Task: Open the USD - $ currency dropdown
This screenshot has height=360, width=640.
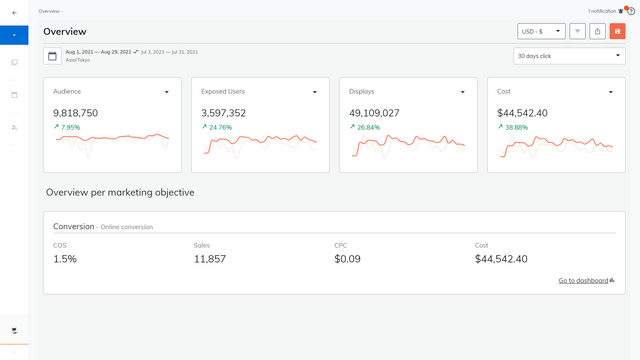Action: pyautogui.click(x=541, y=31)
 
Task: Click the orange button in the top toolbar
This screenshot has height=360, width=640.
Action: pyautogui.click(x=617, y=31)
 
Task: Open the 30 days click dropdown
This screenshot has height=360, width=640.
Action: pyautogui.click(x=569, y=56)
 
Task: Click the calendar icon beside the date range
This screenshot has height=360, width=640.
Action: pyautogui.click(x=52, y=56)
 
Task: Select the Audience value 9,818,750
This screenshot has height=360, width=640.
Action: pyautogui.click(x=75, y=113)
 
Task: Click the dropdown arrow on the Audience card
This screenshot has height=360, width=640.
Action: pyautogui.click(x=166, y=92)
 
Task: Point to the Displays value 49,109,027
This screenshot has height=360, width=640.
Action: pyautogui.click(x=374, y=113)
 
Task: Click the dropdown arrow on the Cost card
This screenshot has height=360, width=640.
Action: pyautogui.click(x=611, y=92)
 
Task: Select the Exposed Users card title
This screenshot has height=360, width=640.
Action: pyautogui.click(x=223, y=91)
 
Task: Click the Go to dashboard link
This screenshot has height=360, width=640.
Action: pyautogui.click(x=585, y=281)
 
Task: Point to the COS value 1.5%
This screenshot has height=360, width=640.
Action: pyautogui.click(x=65, y=259)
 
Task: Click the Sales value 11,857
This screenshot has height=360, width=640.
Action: pyautogui.click(x=210, y=259)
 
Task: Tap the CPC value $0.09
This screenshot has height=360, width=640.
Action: pyautogui.click(x=347, y=259)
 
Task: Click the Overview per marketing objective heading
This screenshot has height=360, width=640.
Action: pyautogui.click(x=120, y=192)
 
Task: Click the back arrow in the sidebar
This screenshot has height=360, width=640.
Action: pyautogui.click(x=14, y=12)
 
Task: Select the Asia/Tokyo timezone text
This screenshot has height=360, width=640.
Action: pyautogui.click(x=77, y=60)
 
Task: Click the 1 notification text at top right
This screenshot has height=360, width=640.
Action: pyautogui.click(x=601, y=10)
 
